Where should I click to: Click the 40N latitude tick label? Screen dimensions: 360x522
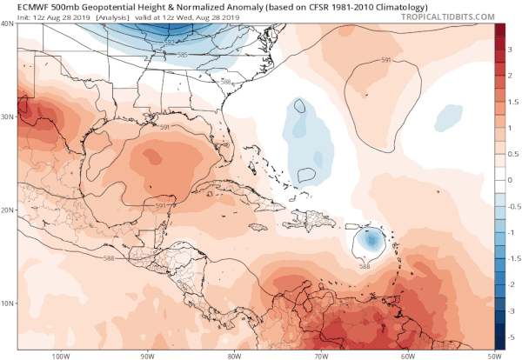coord(8,24)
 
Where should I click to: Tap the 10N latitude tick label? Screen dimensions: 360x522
coord(8,303)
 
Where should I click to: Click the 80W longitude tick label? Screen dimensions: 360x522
coord(232,355)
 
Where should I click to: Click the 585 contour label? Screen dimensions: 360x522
coord(183,55)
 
